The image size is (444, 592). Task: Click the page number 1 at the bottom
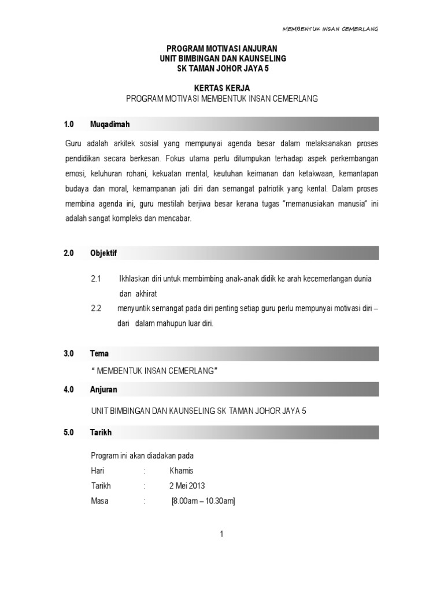221,535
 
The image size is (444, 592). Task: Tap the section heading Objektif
103,253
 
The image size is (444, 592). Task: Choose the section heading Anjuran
103,390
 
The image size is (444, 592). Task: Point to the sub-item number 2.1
96,279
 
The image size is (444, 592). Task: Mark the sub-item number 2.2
96,308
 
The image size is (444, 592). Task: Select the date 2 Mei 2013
187,486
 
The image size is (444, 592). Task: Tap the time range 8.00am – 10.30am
203,501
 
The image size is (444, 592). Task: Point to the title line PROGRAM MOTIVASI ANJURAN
223,49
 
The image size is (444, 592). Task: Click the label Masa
99,501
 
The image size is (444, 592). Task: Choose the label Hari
98,471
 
